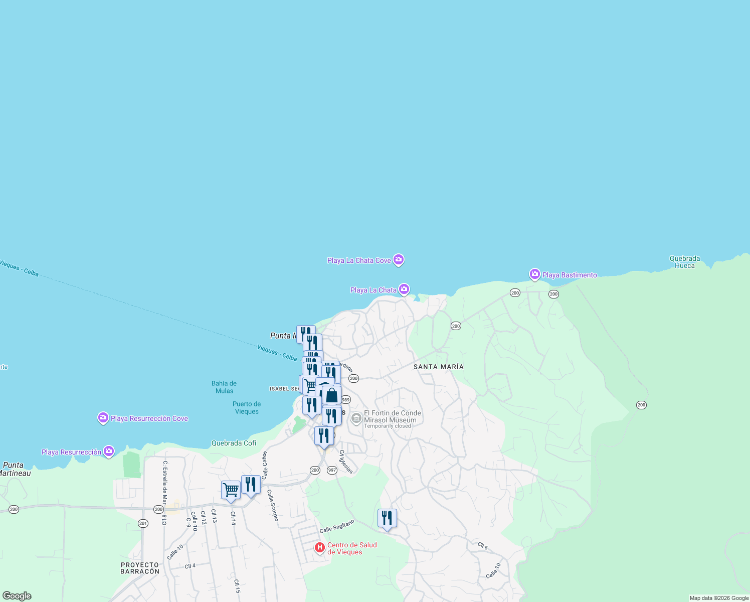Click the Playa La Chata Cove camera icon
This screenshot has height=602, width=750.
(399, 259)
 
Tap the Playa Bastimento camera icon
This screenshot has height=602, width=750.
(535, 274)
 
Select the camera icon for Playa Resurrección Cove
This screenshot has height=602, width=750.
(103, 417)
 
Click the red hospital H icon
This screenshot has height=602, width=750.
(319, 547)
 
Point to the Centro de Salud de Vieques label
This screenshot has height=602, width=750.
(352, 548)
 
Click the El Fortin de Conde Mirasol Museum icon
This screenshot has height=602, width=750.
(356, 418)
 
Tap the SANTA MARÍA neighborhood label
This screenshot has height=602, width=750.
(438, 367)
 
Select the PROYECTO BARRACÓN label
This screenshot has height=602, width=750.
(140, 568)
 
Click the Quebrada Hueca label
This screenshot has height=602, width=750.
(684, 262)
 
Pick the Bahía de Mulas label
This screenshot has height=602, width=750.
(224, 387)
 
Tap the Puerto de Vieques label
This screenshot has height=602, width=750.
(247, 407)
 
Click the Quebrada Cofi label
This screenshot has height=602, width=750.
(234, 443)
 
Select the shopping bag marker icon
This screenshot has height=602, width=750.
(331, 395)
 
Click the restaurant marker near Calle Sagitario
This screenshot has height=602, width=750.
(387, 518)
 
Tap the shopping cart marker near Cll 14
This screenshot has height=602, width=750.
(231, 490)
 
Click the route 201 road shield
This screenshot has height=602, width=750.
(143, 523)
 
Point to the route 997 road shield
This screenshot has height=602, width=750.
(332, 470)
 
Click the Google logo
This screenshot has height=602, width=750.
(17, 595)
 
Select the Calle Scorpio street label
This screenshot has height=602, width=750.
(272, 505)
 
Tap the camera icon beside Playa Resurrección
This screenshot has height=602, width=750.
(109, 452)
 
